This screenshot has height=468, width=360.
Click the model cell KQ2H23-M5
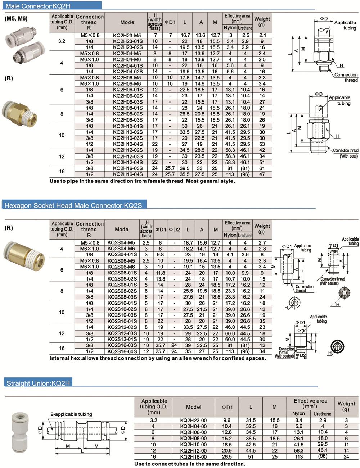click(x=127, y=35)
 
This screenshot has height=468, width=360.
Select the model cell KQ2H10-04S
click(x=128, y=144)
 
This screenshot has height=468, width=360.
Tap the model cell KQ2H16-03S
click(x=128, y=168)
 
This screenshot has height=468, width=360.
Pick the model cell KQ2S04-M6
click(x=121, y=249)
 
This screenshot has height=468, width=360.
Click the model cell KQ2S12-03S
click(x=122, y=333)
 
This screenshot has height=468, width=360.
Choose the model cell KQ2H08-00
click(x=193, y=439)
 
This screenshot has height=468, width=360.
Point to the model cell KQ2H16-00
click(x=193, y=457)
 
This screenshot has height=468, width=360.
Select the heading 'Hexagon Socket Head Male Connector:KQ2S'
click(x=73, y=205)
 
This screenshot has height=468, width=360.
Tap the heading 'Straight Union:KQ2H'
click(x=38, y=383)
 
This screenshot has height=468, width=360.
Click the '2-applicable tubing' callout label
click(x=71, y=414)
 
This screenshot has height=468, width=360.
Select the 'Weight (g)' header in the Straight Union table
click(x=346, y=406)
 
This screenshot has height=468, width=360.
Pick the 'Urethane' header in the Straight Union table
click(x=322, y=414)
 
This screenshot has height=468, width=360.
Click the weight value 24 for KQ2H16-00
click(x=346, y=457)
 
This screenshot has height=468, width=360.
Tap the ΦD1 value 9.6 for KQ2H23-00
click(x=227, y=420)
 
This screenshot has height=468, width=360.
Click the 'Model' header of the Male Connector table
click(x=128, y=22)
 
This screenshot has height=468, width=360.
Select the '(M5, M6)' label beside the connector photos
click(x=16, y=19)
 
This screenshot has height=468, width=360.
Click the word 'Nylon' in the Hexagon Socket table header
click(x=230, y=235)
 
